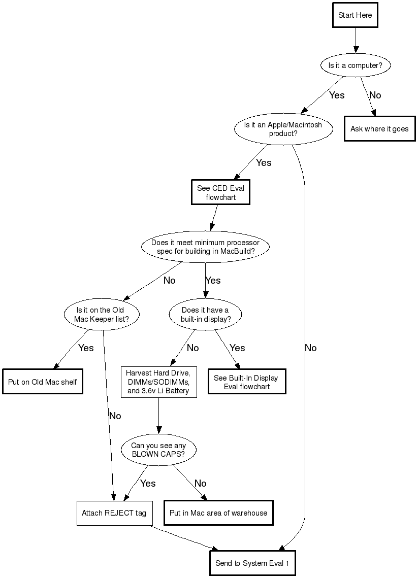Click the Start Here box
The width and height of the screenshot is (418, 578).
click(x=355, y=15)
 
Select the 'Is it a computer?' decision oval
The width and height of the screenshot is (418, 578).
click(x=355, y=65)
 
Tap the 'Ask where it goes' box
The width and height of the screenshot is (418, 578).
click(x=379, y=129)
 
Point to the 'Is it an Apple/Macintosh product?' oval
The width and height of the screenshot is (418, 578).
click(x=283, y=129)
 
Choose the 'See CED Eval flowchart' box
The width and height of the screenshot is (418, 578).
click(x=221, y=192)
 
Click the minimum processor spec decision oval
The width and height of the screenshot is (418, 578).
click(x=205, y=247)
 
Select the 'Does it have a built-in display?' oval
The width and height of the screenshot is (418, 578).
click(x=205, y=314)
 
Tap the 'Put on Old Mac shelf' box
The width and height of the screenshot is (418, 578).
click(x=43, y=382)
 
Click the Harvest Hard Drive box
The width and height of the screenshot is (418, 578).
click(x=158, y=382)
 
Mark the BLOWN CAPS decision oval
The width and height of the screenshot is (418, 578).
click(x=158, y=450)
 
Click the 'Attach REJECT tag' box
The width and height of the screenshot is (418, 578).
click(x=114, y=513)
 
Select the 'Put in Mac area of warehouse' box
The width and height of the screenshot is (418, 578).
click(x=218, y=513)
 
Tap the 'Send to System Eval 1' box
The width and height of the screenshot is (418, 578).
click(x=252, y=563)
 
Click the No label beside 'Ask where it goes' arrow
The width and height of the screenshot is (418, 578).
click(x=375, y=95)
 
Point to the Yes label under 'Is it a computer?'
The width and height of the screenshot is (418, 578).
click(x=337, y=95)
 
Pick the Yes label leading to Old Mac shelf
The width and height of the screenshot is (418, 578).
click(x=86, y=348)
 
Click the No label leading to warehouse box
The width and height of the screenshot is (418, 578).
click(x=201, y=483)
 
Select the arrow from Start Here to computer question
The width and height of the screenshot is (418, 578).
click(x=355, y=40)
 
